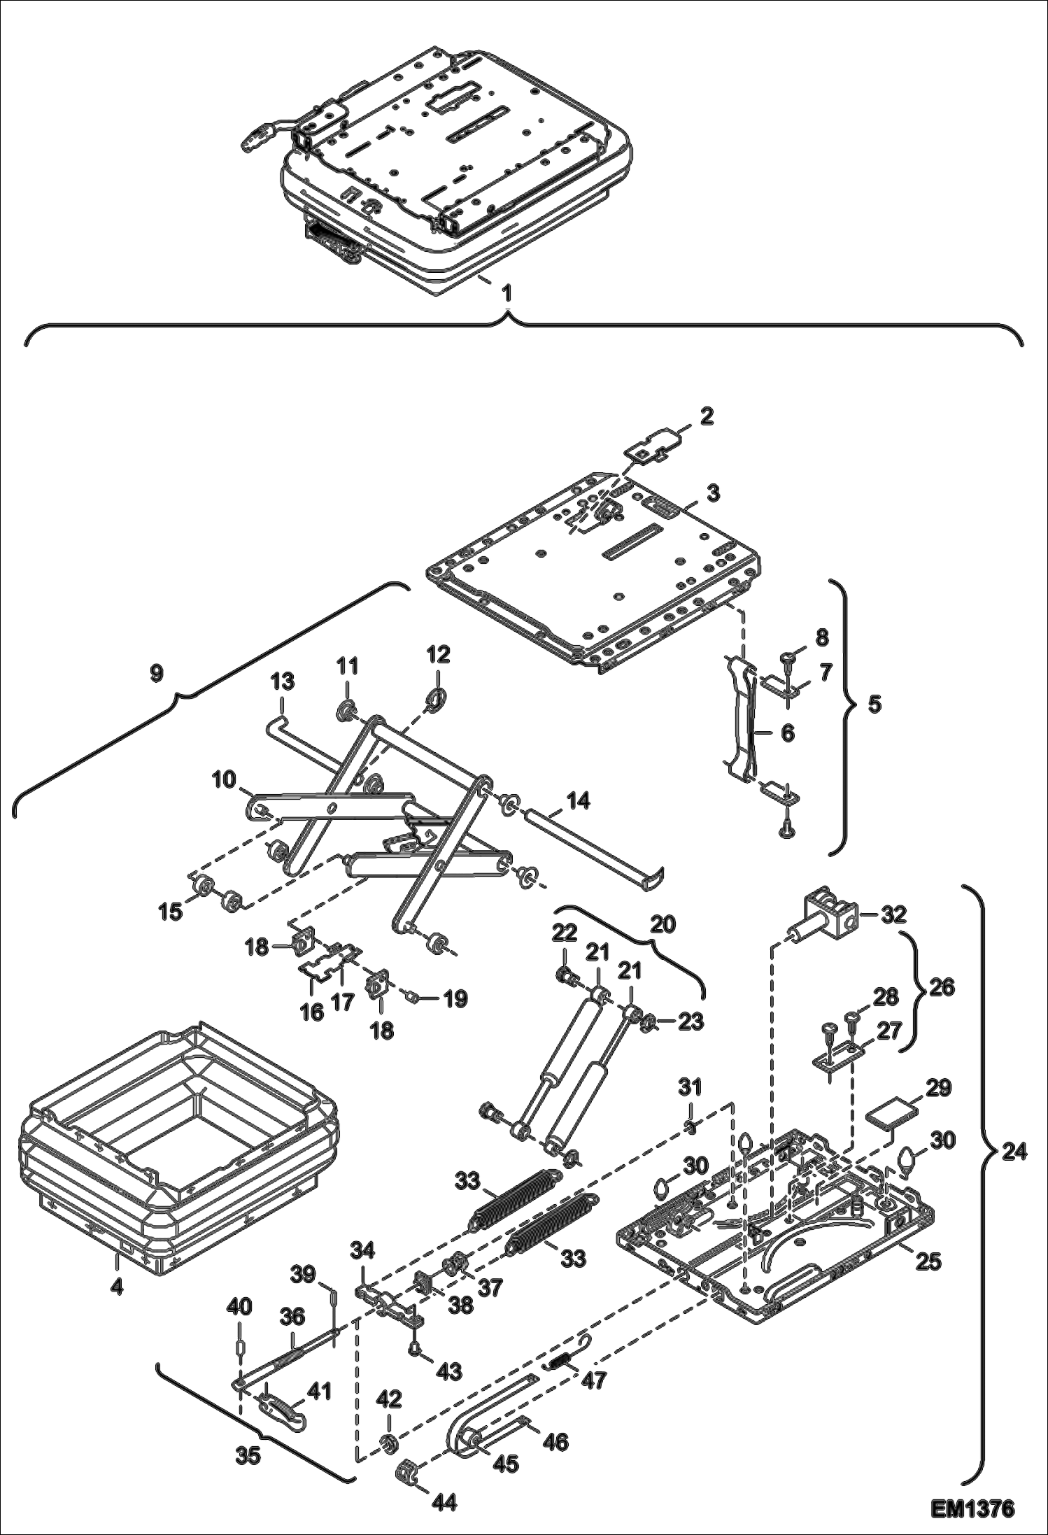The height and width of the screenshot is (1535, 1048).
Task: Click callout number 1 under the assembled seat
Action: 507,295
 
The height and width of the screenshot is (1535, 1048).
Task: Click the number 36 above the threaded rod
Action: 292,1317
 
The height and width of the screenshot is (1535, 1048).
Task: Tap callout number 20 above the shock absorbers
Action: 663,924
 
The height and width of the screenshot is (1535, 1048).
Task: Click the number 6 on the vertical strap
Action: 788,733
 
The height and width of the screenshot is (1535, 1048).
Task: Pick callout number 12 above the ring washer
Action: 438,655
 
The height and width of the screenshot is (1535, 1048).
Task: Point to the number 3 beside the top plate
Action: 712,493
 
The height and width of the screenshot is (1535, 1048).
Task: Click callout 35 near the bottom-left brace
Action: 248,1456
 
